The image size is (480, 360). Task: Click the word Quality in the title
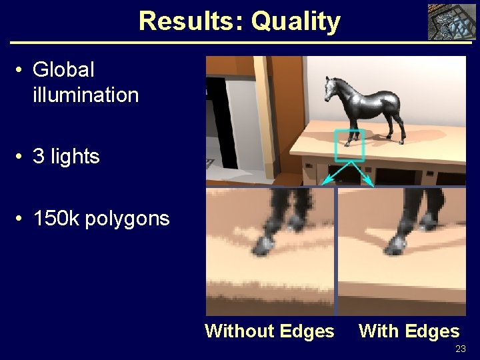pos(295,22)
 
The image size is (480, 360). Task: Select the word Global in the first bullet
pos(63,69)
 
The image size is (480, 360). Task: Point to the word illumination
pos(85,95)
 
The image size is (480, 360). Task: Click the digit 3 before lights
pos(38,157)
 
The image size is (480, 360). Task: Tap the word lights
pos(75,157)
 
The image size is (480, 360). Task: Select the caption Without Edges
pos(269,331)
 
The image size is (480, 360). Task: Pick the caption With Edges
pos(409,331)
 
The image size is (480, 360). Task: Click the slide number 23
pos(460,349)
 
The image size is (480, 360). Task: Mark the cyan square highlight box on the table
pos(349,145)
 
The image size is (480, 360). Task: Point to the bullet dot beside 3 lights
pos(21,157)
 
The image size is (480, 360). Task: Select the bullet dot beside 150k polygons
pos(21,219)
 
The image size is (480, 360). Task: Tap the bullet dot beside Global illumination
pos(21,70)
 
